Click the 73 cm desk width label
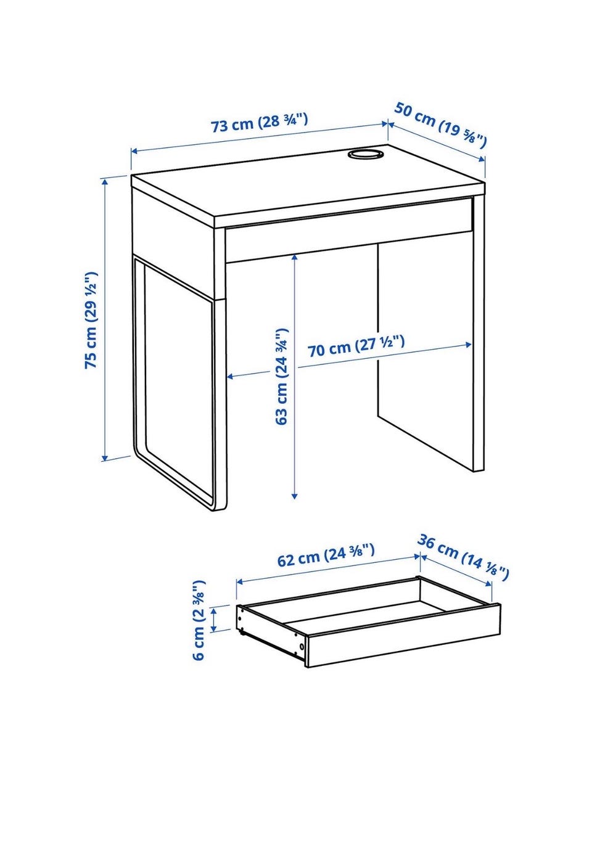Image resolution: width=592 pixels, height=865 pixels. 260,123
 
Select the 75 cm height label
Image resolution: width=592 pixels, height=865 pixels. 91,321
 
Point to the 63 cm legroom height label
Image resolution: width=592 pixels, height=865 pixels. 282,377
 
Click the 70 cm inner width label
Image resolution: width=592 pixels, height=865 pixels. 356,346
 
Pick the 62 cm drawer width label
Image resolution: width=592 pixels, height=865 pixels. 326,555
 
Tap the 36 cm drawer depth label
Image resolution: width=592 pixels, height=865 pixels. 463,557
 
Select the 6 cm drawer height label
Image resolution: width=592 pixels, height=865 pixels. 199,621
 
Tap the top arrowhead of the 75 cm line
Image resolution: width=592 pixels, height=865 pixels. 104,181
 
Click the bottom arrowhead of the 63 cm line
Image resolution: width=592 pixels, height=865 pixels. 295,496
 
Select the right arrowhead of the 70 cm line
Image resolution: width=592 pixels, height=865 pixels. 469,345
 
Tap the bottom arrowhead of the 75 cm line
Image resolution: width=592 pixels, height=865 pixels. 104,457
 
